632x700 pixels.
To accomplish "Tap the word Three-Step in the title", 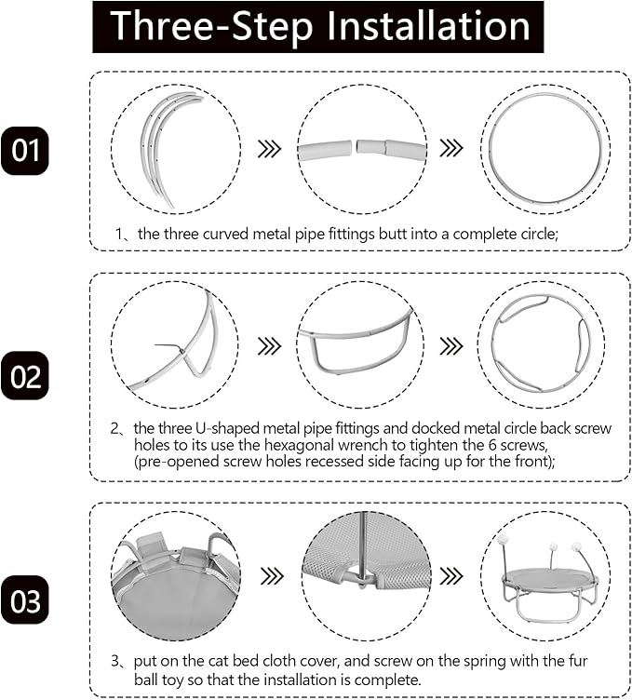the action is [x=211, y=26].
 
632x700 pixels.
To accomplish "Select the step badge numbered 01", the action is [x=25, y=151].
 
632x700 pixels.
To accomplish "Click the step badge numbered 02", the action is [x=25, y=375].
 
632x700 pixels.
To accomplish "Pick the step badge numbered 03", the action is [x=25, y=600].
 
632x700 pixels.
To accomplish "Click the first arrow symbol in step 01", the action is [x=270, y=149].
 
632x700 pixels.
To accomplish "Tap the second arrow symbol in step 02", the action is [x=451, y=346].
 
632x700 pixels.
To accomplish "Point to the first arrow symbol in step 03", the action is [x=272, y=576].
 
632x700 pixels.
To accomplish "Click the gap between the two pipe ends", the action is [x=355, y=147].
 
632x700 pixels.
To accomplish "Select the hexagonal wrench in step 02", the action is [x=168, y=347].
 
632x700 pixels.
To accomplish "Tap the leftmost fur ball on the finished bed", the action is [x=503, y=539].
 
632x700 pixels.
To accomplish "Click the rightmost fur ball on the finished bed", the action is [x=577, y=546].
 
